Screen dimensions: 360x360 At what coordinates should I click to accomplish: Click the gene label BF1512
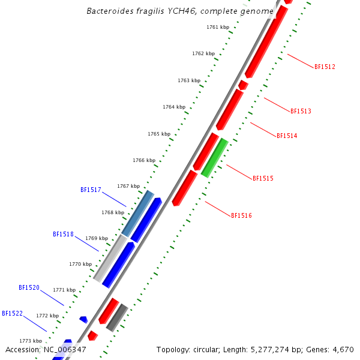(x=325, y=67)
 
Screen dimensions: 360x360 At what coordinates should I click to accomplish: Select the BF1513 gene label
(x=301, y=111)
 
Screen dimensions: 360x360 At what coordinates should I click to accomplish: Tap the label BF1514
(x=287, y=136)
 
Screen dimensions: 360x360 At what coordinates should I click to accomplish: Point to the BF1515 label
(x=263, y=178)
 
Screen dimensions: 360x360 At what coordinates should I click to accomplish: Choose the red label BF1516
(x=241, y=215)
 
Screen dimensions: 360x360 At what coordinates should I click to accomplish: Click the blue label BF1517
(x=91, y=190)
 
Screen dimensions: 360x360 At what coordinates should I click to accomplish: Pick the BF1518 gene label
(x=63, y=234)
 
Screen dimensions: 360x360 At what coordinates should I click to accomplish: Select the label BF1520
(x=29, y=287)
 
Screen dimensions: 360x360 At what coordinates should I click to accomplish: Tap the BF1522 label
(x=12, y=313)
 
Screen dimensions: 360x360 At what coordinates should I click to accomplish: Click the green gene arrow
(x=214, y=158)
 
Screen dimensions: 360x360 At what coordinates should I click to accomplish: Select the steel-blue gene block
(x=138, y=213)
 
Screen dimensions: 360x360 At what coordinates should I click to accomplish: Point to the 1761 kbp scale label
(x=217, y=27)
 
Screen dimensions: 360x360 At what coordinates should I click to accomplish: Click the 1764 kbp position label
(x=173, y=107)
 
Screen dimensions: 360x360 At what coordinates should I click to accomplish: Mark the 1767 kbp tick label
(x=128, y=186)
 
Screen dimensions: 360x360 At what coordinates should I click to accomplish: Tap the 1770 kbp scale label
(x=80, y=264)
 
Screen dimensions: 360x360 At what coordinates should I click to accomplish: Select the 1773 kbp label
(x=31, y=340)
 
